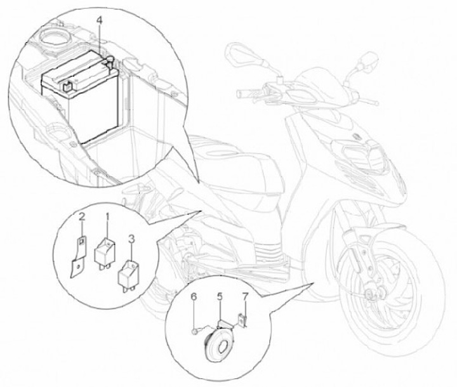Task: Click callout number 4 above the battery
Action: pyautogui.click(x=100, y=20)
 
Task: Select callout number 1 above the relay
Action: pyautogui.click(x=107, y=217)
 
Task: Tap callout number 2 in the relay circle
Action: pyautogui.click(x=82, y=218)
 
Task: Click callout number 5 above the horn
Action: pyautogui.click(x=219, y=296)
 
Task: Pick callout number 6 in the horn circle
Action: pyautogui.click(x=195, y=296)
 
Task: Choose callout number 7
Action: pyautogui.click(x=244, y=296)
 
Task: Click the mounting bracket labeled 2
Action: pyautogui.click(x=78, y=255)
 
